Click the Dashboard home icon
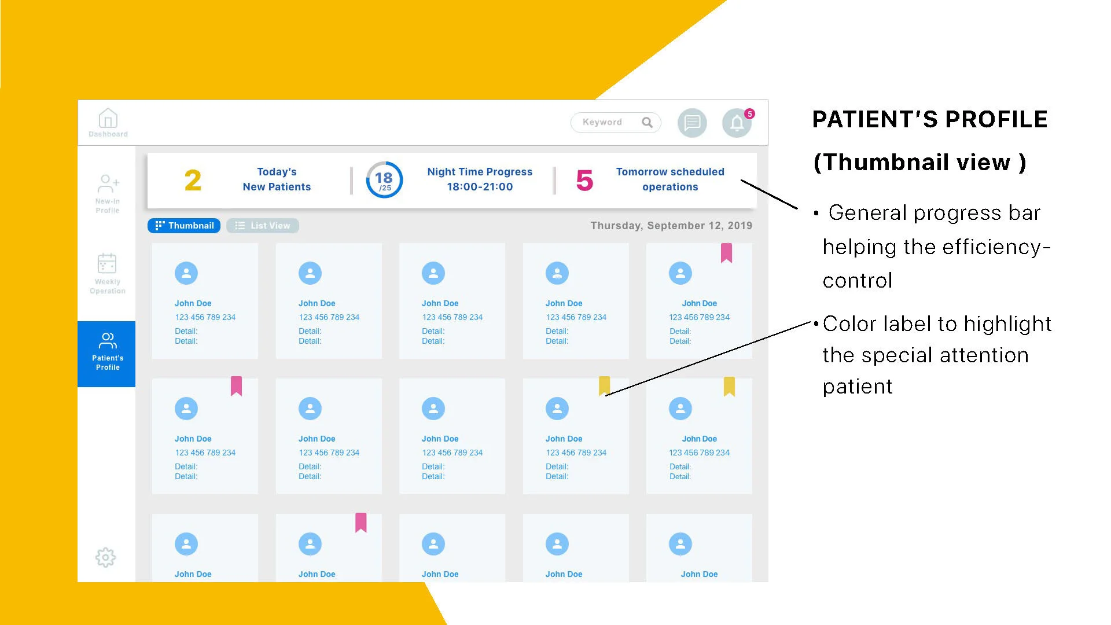(x=108, y=119)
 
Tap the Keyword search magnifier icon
(x=647, y=122)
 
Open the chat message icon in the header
(x=692, y=123)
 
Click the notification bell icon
(x=736, y=123)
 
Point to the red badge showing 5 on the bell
(x=749, y=113)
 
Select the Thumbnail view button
(x=184, y=226)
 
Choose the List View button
(x=263, y=226)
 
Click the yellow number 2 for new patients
(x=193, y=180)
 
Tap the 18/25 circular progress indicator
(x=384, y=180)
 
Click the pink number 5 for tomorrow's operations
(x=584, y=181)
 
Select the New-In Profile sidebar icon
(x=108, y=185)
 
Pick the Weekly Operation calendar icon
(x=107, y=263)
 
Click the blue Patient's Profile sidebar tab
(x=107, y=354)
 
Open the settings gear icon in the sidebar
(x=105, y=557)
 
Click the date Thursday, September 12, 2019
(x=671, y=226)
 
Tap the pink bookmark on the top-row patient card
(x=726, y=253)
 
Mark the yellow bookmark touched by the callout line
(x=604, y=385)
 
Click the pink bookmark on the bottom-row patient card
(x=360, y=522)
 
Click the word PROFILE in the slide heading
(x=996, y=120)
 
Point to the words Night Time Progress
(x=480, y=172)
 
